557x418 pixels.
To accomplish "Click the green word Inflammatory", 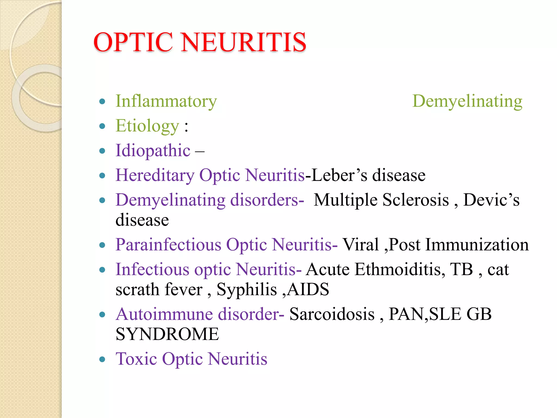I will pos(166,101).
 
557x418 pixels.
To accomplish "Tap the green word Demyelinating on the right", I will pos(467,101).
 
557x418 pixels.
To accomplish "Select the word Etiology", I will pos(147,126).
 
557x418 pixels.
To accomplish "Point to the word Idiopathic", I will pos(153,150).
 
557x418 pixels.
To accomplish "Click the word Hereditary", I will pos(155,175).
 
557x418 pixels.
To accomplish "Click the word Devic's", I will pos(491,200).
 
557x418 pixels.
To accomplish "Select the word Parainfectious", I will pos(169,244).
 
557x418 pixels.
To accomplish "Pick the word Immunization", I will pos(477,244).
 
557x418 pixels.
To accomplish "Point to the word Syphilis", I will pos(247,289).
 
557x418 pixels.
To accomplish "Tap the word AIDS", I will pos(308,289).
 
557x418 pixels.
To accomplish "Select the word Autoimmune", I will pos(164,314).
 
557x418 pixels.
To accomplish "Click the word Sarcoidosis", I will pos(332,314).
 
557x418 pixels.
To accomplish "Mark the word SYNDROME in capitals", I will pos(167,334).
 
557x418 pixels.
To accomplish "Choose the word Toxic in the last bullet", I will pos(136,359).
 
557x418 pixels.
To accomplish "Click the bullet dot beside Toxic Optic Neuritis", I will pos(102,359).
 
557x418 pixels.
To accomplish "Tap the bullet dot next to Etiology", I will pos(102,126).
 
